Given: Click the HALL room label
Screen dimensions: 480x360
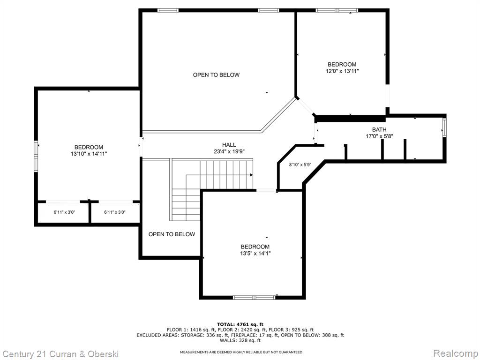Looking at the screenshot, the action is (229, 145).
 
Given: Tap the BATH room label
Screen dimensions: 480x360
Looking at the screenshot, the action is (379, 129).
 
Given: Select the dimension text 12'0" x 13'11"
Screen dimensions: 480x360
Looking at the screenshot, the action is (342, 71).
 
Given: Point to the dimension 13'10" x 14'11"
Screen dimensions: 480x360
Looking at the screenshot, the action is (89, 154).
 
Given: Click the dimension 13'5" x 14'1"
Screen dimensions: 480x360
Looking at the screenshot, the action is (255, 254).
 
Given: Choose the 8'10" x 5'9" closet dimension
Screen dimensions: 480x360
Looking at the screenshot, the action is (300, 165).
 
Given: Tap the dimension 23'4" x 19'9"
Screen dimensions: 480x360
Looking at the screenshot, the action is (229, 151).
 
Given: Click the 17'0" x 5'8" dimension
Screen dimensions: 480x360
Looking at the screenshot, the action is (380, 136).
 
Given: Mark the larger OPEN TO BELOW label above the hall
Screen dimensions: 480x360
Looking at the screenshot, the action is (216, 75).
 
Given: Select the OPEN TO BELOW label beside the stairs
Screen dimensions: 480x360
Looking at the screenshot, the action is (172, 234).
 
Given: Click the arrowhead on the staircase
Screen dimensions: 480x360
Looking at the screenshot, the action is (251, 175).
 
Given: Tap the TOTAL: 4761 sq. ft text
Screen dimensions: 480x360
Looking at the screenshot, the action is (240, 324).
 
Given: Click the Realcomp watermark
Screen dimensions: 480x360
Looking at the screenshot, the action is (456, 353).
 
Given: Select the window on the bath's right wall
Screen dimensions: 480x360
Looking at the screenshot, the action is (444, 128).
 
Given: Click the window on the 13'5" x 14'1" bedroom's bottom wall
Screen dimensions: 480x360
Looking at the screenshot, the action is (255, 297).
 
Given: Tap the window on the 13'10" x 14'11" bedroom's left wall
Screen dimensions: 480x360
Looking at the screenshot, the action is (36, 156).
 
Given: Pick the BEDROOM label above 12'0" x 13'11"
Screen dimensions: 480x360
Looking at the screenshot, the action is (342, 65).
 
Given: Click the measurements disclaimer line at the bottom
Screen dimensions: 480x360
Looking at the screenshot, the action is (241, 352).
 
